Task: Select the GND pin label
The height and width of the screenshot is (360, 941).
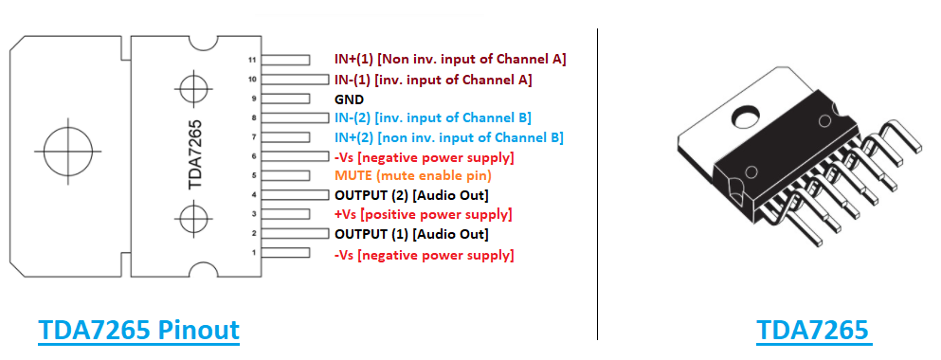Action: pyautogui.click(x=349, y=99)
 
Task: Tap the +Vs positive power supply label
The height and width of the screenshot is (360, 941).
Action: pyautogui.click(x=409, y=215)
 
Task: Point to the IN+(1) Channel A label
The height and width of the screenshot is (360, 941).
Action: pyautogui.click(x=450, y=59)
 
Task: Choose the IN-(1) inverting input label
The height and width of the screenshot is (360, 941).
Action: pyautogui.click(x=433, y=79)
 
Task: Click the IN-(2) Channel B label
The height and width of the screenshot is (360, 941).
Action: pyautogui.click(x=432, y=117)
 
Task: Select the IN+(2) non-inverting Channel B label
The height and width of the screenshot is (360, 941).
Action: pyautogui.click(x=448, y=137)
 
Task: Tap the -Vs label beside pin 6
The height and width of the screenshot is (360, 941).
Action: pyautogui.click(x=424, y=156)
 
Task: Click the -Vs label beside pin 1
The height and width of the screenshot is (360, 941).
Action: pyautogui.click(x=424, y=255)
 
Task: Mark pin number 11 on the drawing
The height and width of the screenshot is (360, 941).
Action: pyautogui.click(x=252, y=60)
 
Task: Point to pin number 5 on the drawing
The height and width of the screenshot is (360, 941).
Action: pyautogui.click(x=254, y=176)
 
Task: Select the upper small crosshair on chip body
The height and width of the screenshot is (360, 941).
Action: pyautogui.click(x=193, y=91)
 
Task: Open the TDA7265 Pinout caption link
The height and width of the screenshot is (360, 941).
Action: pyautogui.click(x=138, y=331)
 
